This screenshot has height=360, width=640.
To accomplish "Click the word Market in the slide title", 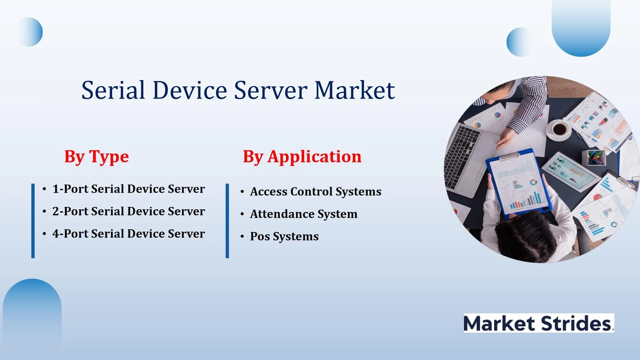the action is (x=355, y=90).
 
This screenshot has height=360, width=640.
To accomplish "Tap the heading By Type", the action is (x=97, y=157).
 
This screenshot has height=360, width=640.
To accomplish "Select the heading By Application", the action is (x=302, y=157).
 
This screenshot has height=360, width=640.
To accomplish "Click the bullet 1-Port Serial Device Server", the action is (x=129, y=189).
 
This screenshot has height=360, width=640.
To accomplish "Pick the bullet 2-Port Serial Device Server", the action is (x=129, y=211).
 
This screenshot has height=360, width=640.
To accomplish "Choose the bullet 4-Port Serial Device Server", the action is (x=129, y=234).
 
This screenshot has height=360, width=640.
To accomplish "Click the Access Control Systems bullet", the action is (x=316, y=192).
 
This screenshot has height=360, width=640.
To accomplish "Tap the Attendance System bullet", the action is (x=304, y=214).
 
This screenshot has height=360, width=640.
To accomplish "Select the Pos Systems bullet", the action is (x=284, y=236).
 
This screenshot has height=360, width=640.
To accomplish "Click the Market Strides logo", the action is (x=539, y=323).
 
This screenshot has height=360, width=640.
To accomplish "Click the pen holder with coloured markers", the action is (x=594, y=157).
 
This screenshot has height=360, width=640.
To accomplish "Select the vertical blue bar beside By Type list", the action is (x=33, y=221).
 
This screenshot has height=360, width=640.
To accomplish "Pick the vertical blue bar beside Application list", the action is (x=227, y=221).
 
